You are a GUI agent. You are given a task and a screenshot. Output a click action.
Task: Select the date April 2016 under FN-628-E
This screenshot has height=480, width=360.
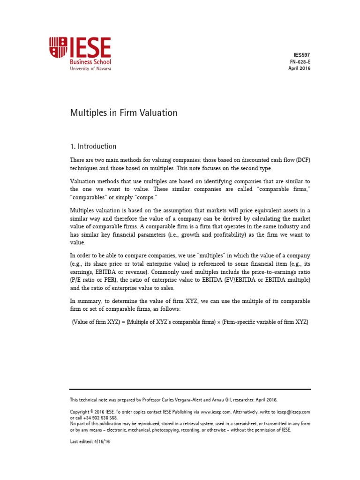(x=299, y=68)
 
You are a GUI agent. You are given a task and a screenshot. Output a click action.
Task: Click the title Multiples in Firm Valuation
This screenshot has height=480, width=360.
(x=124, y=113)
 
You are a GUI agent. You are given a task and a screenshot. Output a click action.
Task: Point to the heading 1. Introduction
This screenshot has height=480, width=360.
(x=93, y=146)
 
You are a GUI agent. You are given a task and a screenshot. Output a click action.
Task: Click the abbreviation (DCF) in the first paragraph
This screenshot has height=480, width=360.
(x=302, y=160)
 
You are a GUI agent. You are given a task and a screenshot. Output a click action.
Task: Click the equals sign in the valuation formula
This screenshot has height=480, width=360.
(x=121, y=323)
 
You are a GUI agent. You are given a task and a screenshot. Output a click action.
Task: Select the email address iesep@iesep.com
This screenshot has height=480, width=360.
(x=294, y=412)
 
